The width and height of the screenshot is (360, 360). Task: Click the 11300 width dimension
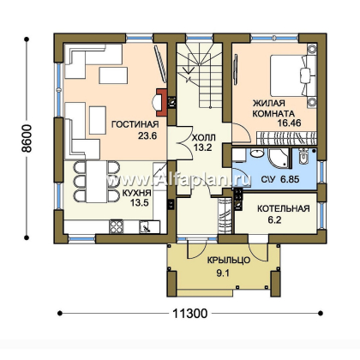click(x=190, y=314)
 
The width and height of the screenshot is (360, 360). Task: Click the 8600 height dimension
click(x=27, y=138)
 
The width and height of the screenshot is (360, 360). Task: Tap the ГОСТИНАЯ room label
click(x=135, y=124)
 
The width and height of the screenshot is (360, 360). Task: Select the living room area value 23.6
click(x=147, y=135)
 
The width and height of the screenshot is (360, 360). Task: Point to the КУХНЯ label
click(x=137, y=193)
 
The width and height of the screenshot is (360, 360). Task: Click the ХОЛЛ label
click(x=203, y=138)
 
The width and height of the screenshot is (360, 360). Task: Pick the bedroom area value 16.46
click(x=289, y=123)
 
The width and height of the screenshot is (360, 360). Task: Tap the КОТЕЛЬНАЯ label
click(x=284, y=208)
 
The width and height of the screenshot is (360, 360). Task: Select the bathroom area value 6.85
click(x=290, y=179)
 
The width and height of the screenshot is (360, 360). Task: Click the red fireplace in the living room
click(x=161, y=102)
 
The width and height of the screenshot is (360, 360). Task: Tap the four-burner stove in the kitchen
click(x=117, y=226)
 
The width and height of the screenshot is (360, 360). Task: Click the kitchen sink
click(x=146, y=227)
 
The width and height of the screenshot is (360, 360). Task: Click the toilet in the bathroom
click(x=303, y=156)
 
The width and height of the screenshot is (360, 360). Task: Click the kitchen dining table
click(x=97, y=182)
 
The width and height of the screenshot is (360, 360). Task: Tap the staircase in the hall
click(x=200, y=75)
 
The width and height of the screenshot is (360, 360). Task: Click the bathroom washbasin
click(x=257, y=153)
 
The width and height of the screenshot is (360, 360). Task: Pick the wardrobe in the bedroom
click(x=286, y=138)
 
